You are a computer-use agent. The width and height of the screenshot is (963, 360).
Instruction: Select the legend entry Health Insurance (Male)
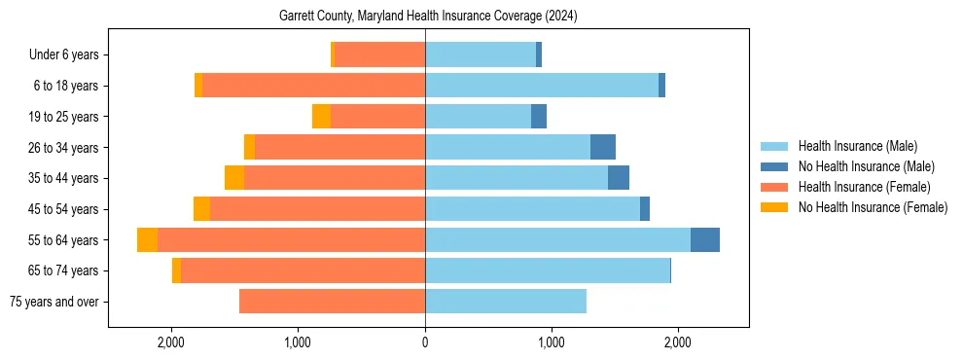pos(857,147)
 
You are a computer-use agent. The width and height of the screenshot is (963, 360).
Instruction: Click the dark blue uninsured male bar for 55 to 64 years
pos(705,240)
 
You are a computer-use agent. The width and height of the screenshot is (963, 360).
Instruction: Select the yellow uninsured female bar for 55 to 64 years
pos(147,240)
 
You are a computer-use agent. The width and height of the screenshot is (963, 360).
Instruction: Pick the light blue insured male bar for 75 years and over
pos(506,302)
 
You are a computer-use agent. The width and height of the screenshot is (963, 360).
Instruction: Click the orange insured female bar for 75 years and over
pos(332,302)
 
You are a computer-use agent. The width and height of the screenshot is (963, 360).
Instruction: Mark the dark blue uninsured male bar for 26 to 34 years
pos(603,147)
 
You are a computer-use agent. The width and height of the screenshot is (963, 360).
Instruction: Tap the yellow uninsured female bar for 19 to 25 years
pos(321,117)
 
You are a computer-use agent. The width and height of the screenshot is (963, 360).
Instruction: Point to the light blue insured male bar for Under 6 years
pos(481,55)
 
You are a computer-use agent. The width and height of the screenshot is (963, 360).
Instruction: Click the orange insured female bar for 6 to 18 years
pos(313,86)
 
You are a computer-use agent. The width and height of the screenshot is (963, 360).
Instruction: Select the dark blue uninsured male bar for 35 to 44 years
pos(619,178)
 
